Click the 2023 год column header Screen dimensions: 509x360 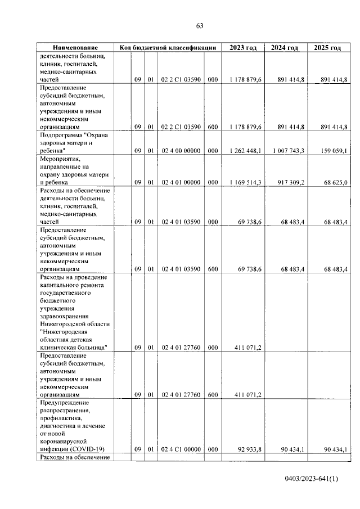[243, 48]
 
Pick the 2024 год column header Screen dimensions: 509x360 [285, 48]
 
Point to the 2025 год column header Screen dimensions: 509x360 [327, 48]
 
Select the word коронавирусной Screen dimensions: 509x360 [65, 441]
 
